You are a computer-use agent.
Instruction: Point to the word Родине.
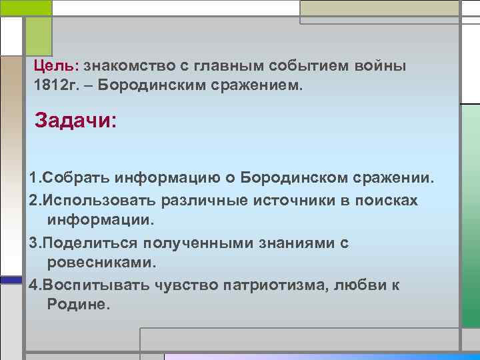pos(76,305)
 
